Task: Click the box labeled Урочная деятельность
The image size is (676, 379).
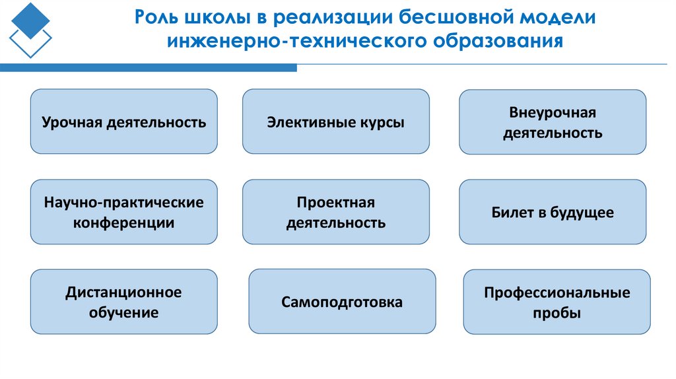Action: coord(123,121)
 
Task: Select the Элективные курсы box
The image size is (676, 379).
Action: coord(335,121)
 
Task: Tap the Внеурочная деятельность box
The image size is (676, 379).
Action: coord(552,122)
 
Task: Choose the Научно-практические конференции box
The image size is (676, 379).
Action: coord(123,212)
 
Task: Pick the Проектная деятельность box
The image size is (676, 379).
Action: coord(335,212)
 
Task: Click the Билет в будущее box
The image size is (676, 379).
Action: coord(552,212)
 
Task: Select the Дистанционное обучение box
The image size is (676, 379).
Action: coord(123,302)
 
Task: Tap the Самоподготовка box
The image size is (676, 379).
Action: coord(342,302)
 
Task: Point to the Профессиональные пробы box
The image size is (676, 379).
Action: coord(557,302)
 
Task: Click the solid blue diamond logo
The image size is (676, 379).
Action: coord(30,20)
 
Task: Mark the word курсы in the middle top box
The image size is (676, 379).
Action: coord(382,122)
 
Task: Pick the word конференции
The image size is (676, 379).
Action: coord(123,223)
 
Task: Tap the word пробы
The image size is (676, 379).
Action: coord(557,313)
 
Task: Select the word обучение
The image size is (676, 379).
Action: coord(123,312)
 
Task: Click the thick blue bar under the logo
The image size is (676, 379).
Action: coord(148,67)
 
